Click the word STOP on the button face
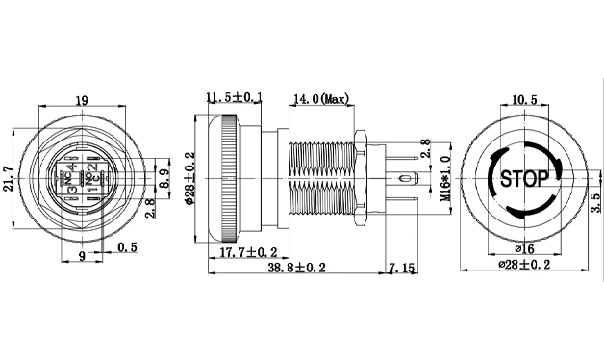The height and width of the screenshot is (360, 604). [x=524, y=178]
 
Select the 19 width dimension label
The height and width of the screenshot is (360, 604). [x=82, y=100]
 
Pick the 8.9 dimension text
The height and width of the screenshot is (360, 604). [x=164, y=179]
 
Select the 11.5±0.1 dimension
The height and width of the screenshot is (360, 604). [x=236, y=96]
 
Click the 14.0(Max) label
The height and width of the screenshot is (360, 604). [x=320, y=97]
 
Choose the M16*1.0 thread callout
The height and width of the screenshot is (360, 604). [x=444, y=179]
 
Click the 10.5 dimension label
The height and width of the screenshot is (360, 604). [x=524, y=100]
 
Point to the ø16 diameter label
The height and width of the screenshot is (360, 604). [x=524, y=249]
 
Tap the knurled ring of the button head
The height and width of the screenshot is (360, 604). [x=229, y=178]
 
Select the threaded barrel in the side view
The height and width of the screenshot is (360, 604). [x=319, y=178]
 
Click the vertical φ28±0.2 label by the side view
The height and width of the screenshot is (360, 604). [x=189, y=179]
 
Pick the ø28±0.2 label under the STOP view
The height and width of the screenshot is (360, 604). [x=525, y=265]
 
